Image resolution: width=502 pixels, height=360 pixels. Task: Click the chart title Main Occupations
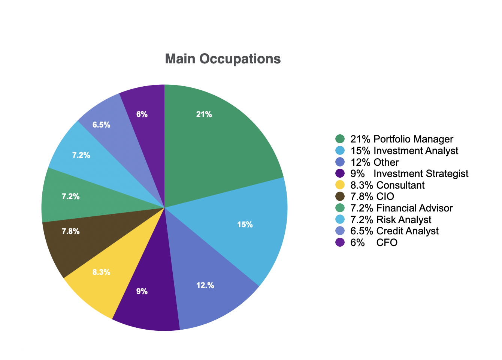223,59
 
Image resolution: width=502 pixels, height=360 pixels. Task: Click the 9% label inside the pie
142,291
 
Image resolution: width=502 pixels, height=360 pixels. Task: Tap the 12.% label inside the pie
205,285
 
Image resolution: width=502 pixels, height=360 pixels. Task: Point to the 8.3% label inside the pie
101,272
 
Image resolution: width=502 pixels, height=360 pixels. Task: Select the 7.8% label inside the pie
70,231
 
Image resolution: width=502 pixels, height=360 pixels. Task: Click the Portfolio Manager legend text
413,139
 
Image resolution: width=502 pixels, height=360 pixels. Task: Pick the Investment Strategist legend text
421,174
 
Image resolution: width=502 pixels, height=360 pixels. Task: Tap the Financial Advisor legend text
414,208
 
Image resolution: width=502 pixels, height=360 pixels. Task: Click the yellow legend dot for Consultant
340,185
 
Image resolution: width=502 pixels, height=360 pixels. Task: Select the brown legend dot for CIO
340,196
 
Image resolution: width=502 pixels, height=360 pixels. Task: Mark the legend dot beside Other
340,162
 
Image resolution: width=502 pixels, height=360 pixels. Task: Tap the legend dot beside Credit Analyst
340,231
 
